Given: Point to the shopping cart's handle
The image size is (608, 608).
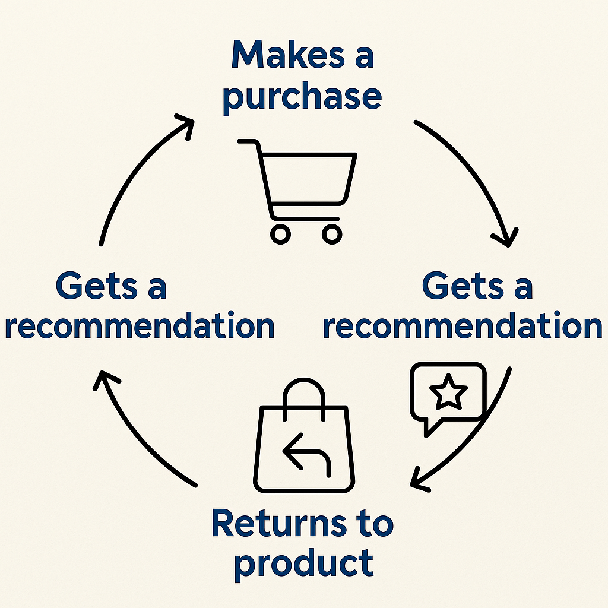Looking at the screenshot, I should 249,142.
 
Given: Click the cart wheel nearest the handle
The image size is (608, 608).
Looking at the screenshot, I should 280,233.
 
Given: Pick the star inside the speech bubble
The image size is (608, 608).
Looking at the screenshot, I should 448,392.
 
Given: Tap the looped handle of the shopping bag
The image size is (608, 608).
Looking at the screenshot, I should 304,392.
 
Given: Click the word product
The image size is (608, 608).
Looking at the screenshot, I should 303,562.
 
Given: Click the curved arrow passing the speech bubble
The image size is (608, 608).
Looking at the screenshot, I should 475,439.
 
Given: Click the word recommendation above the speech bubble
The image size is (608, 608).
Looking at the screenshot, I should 463,326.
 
